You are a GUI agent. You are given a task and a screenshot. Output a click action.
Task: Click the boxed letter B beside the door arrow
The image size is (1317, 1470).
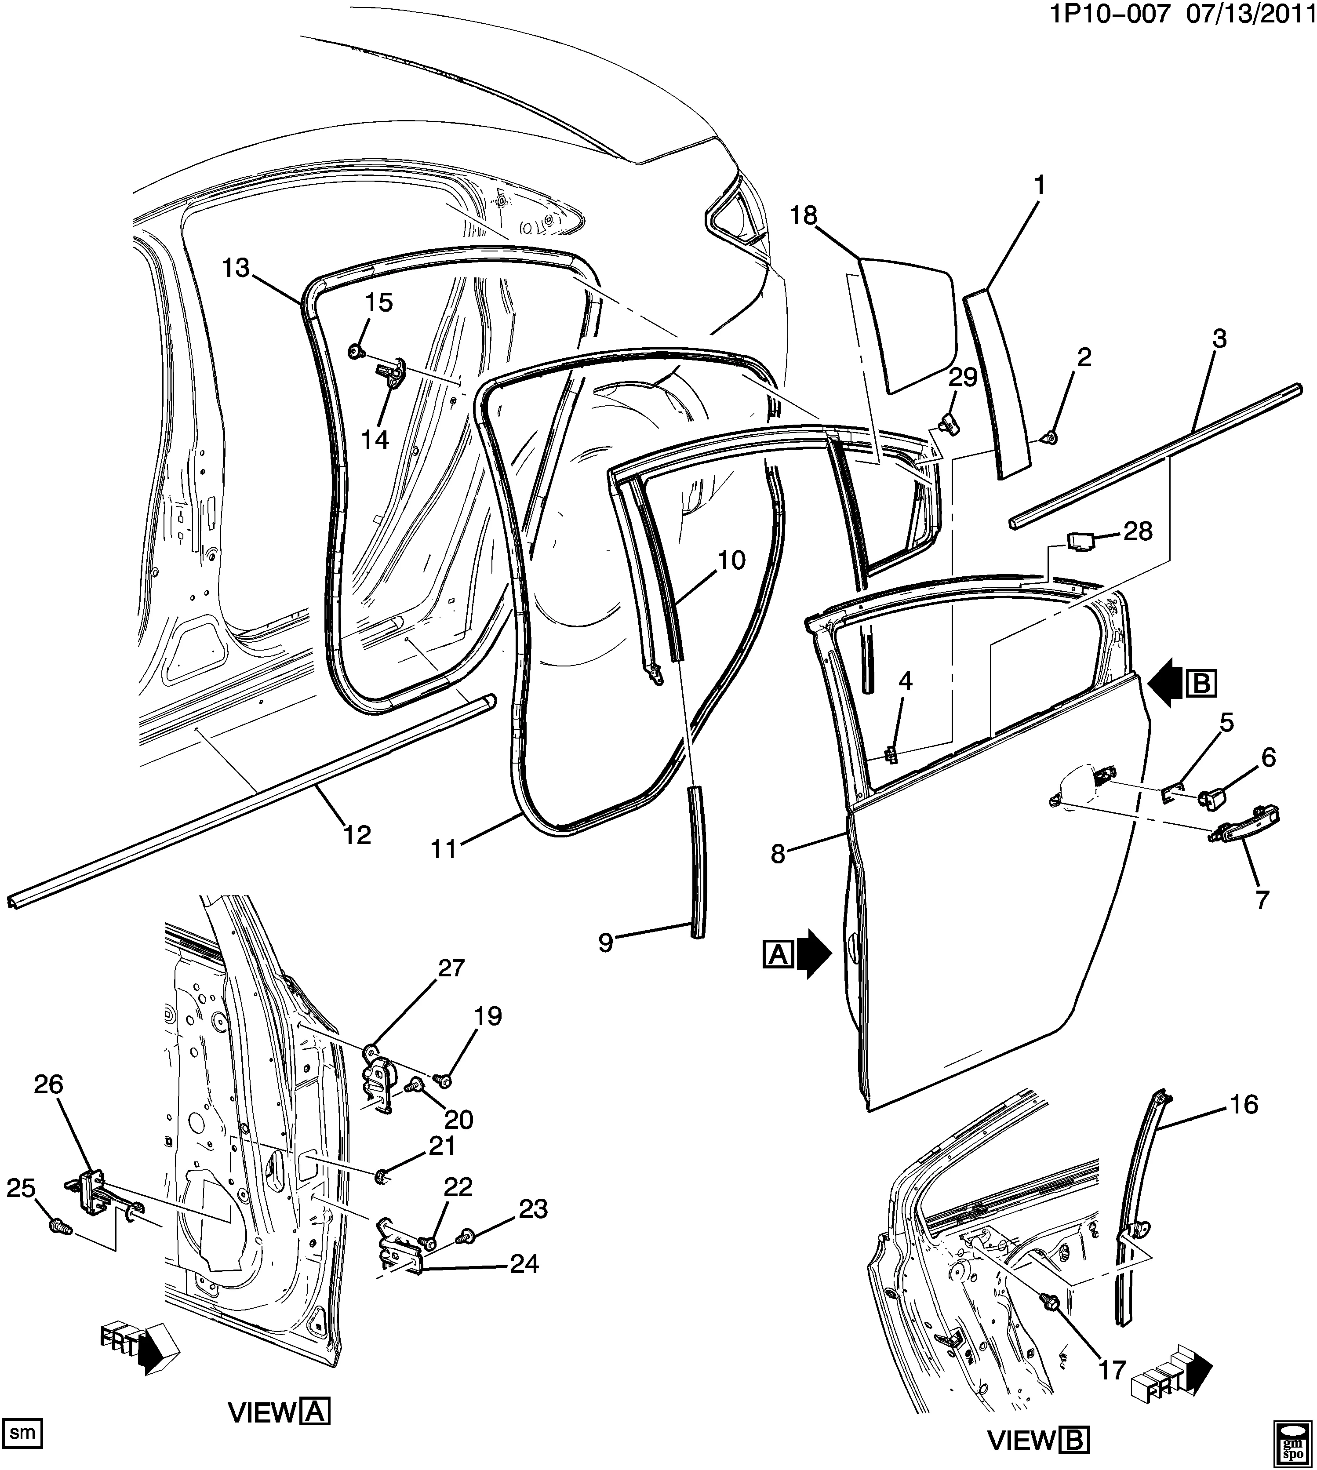tap(1201, 683)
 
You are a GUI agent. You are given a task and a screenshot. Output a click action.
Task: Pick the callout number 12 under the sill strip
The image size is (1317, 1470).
tap(357, 834)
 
